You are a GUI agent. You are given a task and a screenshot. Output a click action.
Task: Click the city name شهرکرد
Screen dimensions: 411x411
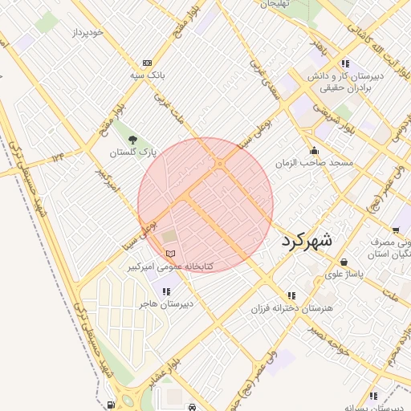coord(307,240)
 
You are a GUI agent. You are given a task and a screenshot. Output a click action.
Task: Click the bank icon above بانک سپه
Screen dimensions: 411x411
coord(147,63)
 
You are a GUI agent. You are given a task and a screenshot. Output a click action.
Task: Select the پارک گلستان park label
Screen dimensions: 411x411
coord(132,152)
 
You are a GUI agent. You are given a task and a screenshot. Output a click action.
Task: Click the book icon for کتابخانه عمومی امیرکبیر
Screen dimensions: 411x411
coord(169,254)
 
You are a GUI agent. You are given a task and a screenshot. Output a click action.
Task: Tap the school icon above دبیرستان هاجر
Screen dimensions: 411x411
coord(166,291)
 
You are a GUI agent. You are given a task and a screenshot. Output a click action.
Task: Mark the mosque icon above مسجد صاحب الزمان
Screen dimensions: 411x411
coord(313,150)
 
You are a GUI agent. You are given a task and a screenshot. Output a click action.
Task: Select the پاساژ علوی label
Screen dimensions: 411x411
coord(344,274)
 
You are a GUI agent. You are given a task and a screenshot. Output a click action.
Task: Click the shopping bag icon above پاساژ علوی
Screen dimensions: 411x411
coord(344,262)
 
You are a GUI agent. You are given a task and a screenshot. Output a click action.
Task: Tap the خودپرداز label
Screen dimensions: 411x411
coord(87,32)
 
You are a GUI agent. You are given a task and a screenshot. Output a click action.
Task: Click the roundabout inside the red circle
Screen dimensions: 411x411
coord(220,165)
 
